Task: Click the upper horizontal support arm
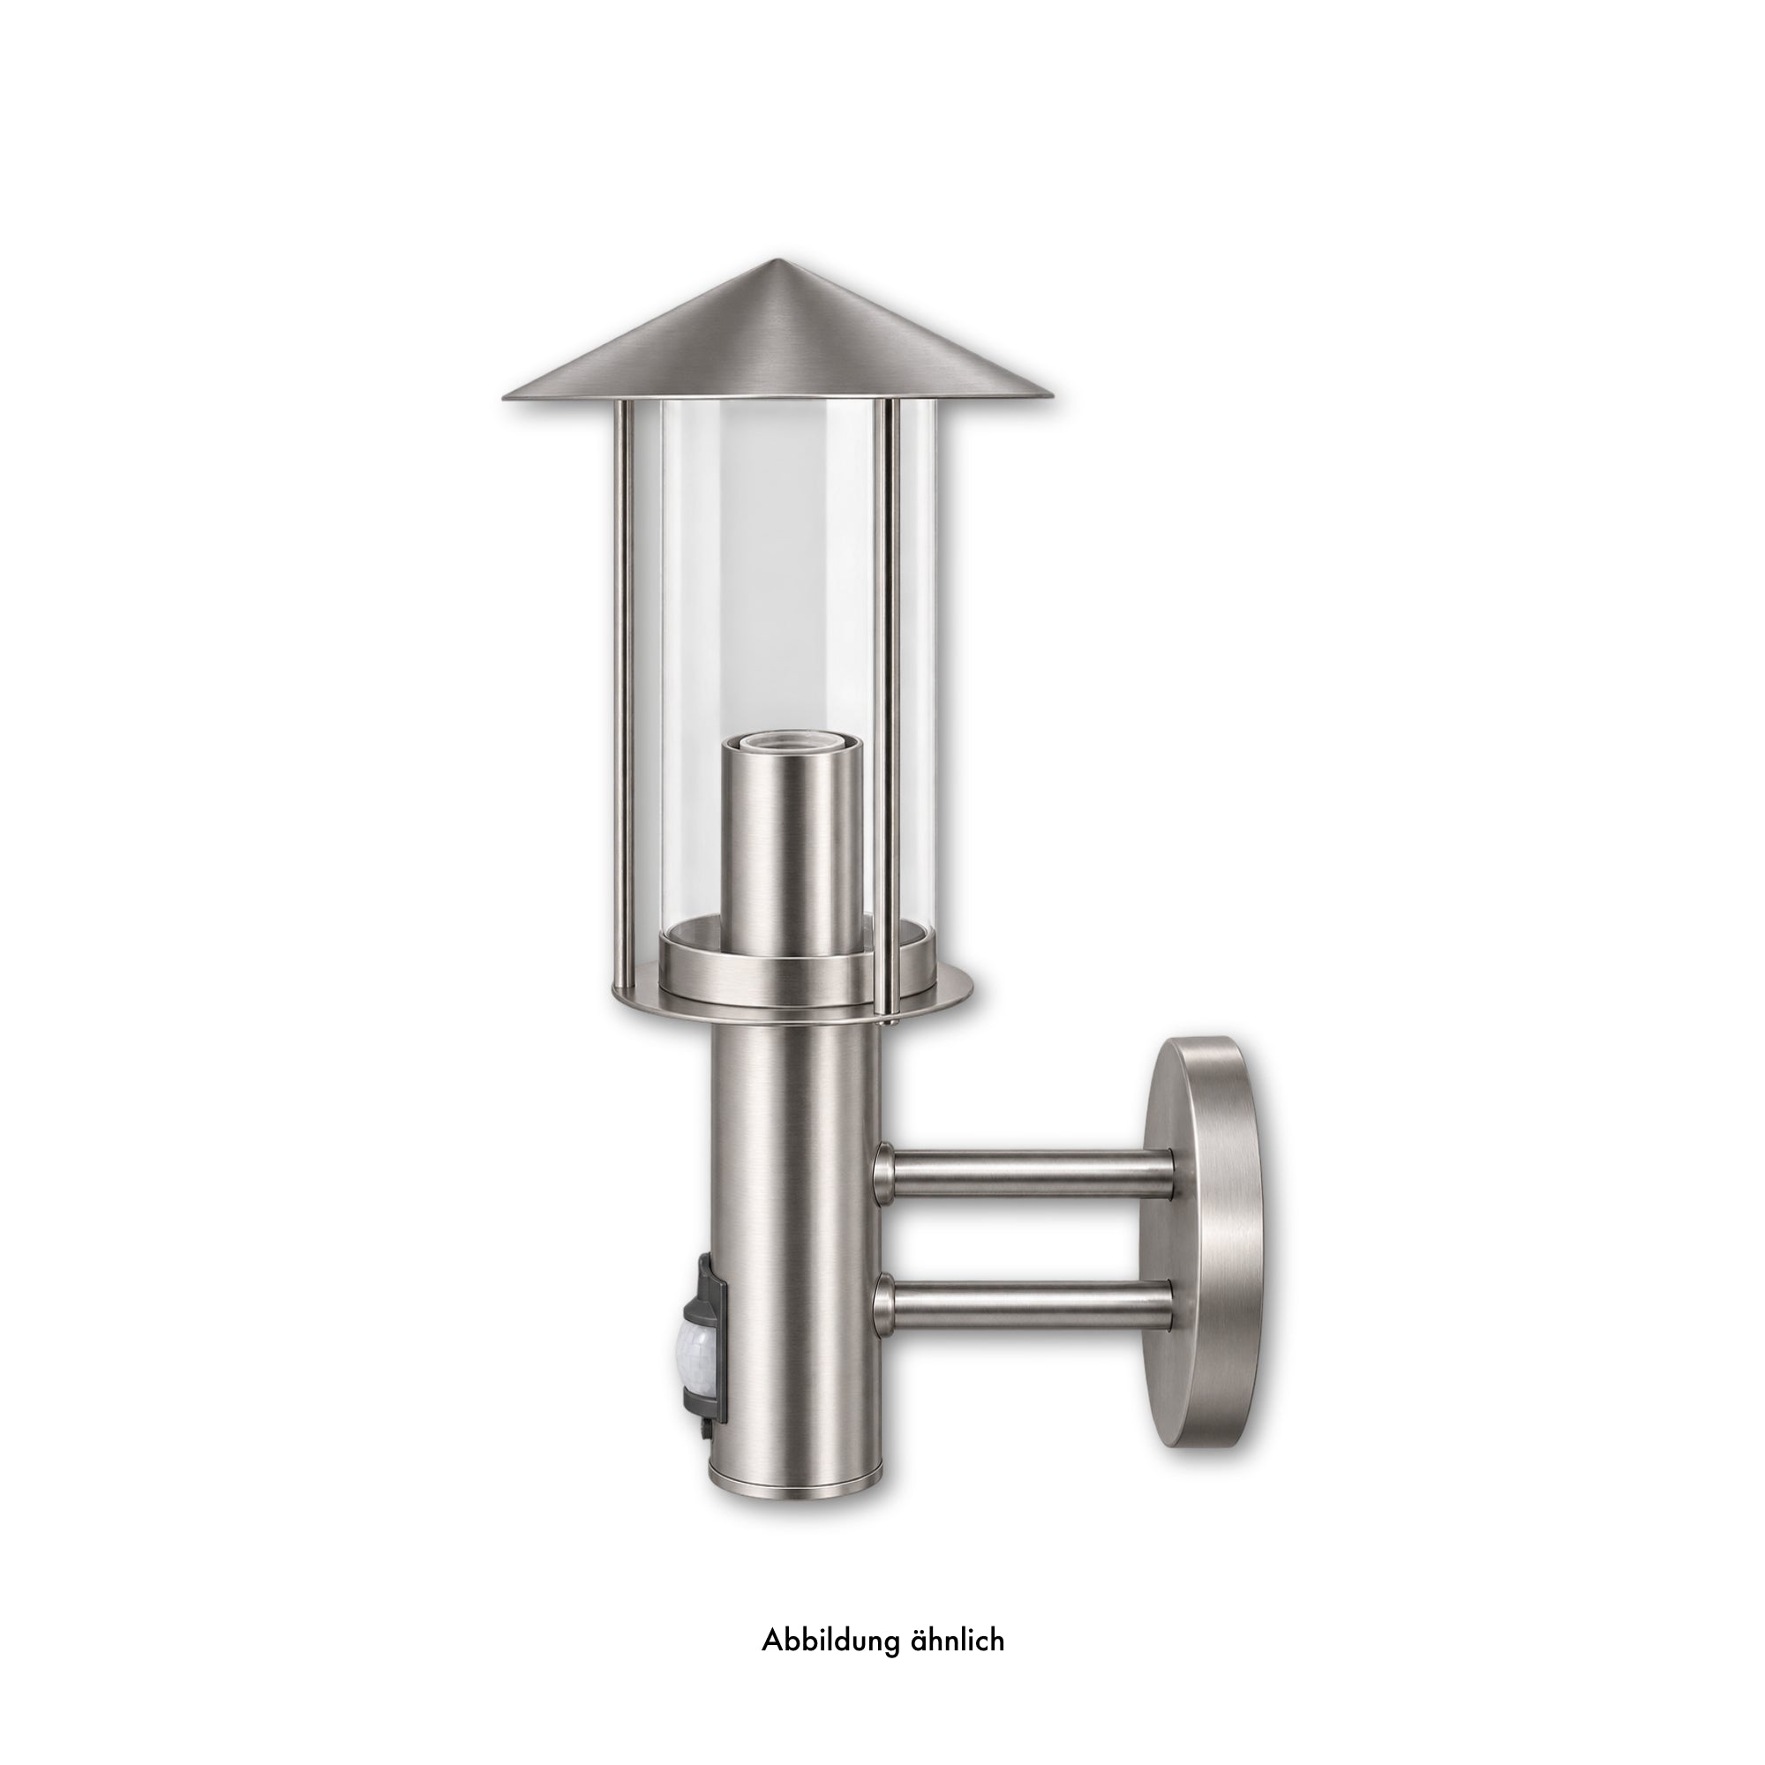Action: pos(1022,1173)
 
